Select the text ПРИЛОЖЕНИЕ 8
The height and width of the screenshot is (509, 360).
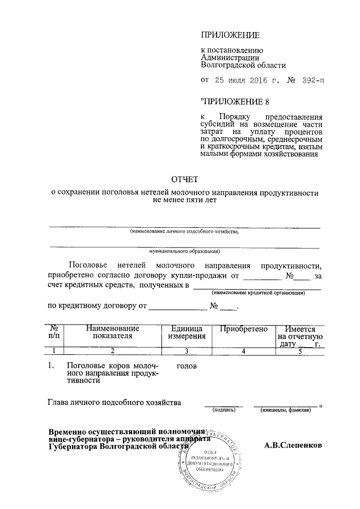[232, 102]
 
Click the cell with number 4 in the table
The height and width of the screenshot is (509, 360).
[243, 351]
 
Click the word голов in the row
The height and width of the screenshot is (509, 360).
[186, 366]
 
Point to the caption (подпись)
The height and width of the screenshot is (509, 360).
[223, 411]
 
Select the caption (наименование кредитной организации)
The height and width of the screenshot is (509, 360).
[258, 293]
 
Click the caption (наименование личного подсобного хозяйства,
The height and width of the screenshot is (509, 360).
[184, 231]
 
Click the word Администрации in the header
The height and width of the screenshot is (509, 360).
[229, 57]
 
